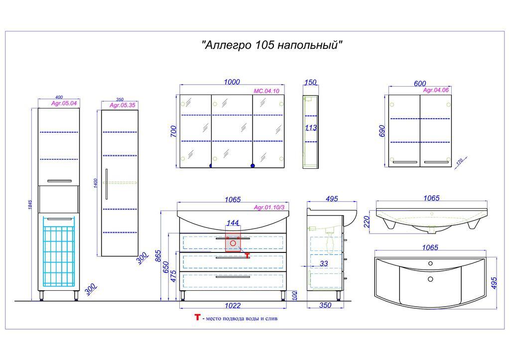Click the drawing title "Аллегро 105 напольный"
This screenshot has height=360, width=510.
[x=272, y=45]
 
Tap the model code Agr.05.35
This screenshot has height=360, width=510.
[x=122, y=105]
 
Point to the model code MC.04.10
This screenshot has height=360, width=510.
[x=266, y=91]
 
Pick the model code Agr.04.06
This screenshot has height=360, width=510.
[x=436, y=90]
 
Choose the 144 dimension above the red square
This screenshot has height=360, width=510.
[x=233, y=222]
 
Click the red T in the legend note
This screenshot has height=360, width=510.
[x=197, y=317]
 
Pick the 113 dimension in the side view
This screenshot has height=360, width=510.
[x=311, y=128]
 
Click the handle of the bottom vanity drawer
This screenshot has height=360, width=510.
[x=233, y=277]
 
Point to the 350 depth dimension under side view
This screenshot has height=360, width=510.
[x=324, y=306]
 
